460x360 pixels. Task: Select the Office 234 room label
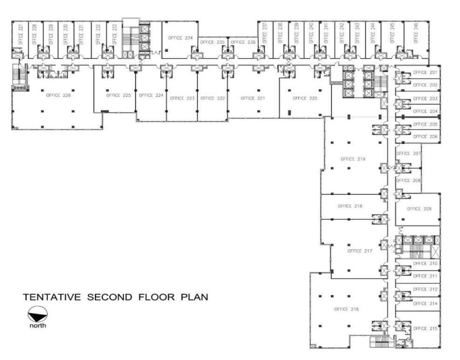tap(177, 38)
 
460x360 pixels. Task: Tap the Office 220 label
tap(304, 98)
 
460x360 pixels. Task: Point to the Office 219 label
tap(353, 159)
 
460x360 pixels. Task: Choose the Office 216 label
tap(346, 309)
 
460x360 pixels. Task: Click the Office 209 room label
tap(419, 209)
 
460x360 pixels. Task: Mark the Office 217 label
tap(360, 250)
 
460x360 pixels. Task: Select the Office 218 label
tap(350, 205)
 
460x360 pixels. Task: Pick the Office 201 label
tap(425, 72)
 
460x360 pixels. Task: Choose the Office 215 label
tap(425, 328)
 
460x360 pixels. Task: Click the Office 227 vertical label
tap(20, 35)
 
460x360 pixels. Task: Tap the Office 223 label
tap(182, 98)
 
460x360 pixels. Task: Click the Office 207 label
tap(409, 153)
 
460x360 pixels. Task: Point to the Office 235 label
tap(212, 42)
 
